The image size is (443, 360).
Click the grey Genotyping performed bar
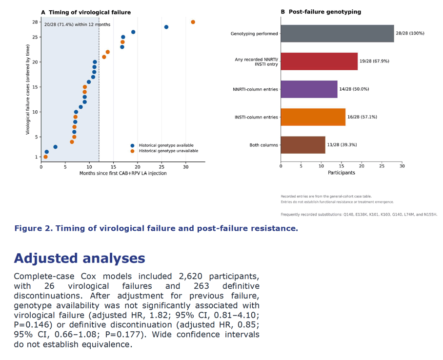(x=337, y=33)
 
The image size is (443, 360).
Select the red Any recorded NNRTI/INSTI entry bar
(x=319, y=61)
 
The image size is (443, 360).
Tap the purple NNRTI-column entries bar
(x=309, y=89)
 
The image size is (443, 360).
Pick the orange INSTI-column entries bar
(x=313, y=117)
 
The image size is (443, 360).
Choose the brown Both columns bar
(x=303, y=145)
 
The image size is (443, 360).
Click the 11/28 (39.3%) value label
(x=342, y=145)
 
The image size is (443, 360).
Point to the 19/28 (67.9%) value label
(x=374, y=61)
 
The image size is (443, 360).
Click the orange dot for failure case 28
(x=193, y=22)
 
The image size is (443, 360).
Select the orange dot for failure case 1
(x=45, y=157)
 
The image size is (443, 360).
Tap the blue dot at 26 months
(x=166, y=27)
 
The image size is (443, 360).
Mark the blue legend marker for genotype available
(x=132, y=146)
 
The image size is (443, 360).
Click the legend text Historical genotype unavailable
(x=168, y=151)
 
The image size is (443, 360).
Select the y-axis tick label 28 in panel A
(x=35, y=22)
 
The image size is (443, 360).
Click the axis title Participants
(x=342, y=173)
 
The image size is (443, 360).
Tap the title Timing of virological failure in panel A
(x=90, y=12)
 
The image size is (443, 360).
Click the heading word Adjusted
(x=46, y=258)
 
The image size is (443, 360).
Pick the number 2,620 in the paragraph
(x=190, y=276)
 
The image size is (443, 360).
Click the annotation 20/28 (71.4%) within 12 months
(x=77, y=24)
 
